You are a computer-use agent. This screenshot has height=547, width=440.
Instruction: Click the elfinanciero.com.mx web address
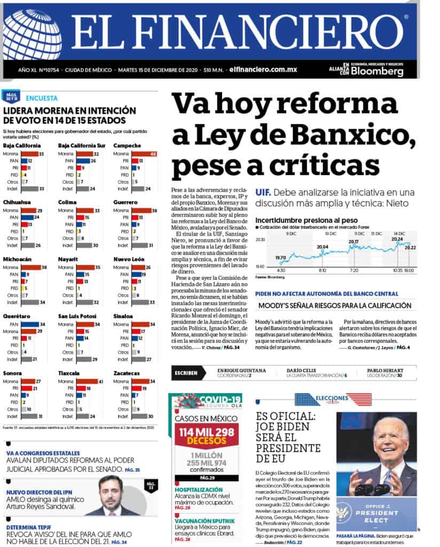[263, 69]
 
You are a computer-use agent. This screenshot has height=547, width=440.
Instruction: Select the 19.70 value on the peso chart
[281, 257]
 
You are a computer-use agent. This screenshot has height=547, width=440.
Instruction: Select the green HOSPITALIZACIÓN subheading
[199, 489]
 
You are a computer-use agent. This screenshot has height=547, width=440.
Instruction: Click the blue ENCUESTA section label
[42, 98]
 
